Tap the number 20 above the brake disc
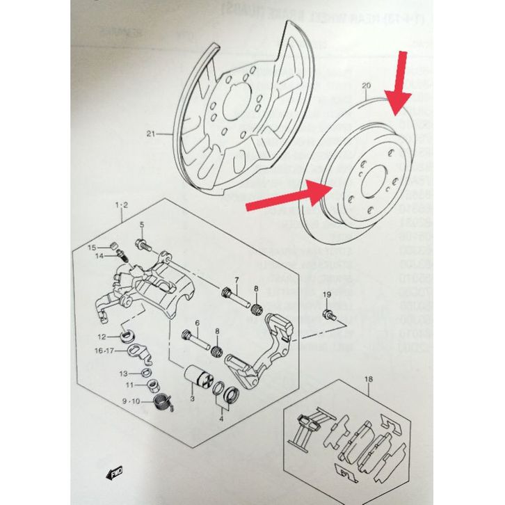coord(367,87)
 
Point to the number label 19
coord(327,296)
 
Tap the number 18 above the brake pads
coord(367,379)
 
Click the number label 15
coord(91,247)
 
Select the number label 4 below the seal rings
coord(221,418)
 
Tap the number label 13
coord(122,373)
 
